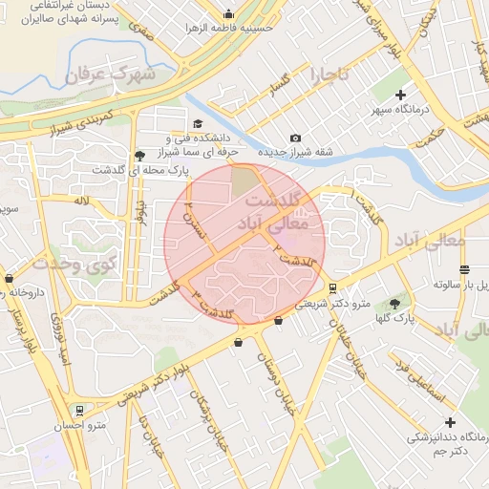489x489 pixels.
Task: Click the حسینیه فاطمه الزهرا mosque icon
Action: point(227,14)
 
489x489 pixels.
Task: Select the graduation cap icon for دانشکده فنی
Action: point(198,123)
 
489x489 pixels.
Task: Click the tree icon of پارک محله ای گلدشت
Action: point(140,155)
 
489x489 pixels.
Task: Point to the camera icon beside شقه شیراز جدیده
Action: point(295,138)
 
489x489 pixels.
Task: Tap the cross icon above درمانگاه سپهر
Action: point(400,95)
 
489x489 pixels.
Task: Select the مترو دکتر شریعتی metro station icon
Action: point(331,287)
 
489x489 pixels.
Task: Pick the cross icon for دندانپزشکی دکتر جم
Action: point(449,421)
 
